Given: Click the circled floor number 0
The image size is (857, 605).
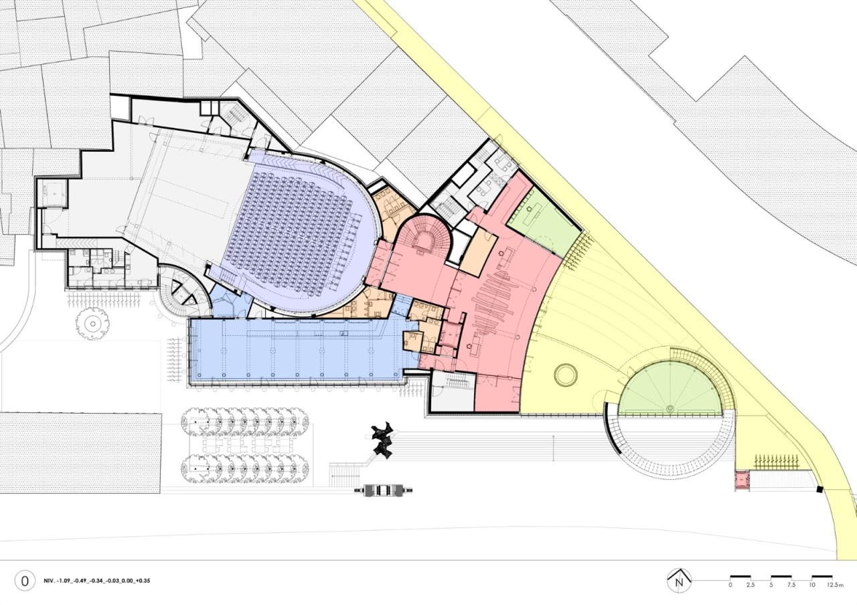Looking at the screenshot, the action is click(x=25, y=582).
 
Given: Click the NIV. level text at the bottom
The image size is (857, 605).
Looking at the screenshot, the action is click(x=97, y=582).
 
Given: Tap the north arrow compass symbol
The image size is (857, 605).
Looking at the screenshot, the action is click(x=679, y=581).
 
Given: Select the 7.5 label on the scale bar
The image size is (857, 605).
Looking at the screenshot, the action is click(x=791, y=585).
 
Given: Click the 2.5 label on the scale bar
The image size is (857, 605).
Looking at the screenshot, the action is click(x=751, y=585).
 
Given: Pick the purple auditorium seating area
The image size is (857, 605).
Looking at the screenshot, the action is click(x=302, y=234).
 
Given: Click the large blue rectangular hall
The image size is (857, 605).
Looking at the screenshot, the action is click(x=299, y=350).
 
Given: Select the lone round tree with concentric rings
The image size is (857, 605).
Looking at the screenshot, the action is click(x=92, y=324).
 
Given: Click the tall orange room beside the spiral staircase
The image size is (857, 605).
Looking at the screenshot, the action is click(x=478, y=250).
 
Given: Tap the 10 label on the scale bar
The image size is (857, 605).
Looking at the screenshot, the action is click(x=811, y=585).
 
